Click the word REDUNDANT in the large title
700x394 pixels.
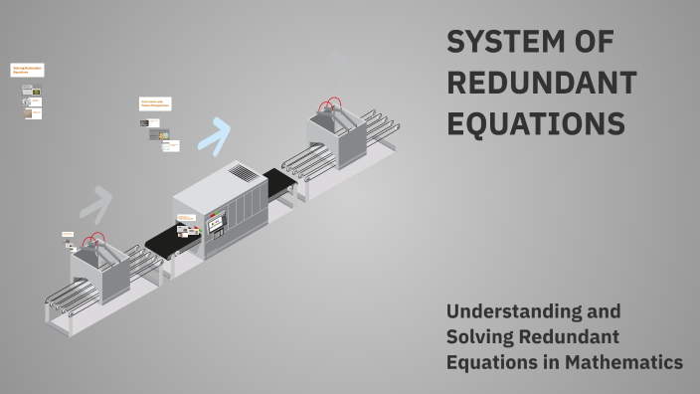point(541,84)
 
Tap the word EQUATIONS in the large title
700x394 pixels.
point(535,123)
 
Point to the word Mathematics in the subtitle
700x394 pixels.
point(623,363)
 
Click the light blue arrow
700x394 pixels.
point(214,132)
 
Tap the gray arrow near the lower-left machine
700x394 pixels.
point(97,203)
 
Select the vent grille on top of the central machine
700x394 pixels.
point(243,173)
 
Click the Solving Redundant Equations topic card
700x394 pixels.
point(27,72)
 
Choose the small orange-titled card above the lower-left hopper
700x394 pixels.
point(68,235)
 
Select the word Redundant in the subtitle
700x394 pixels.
point(580,337)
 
